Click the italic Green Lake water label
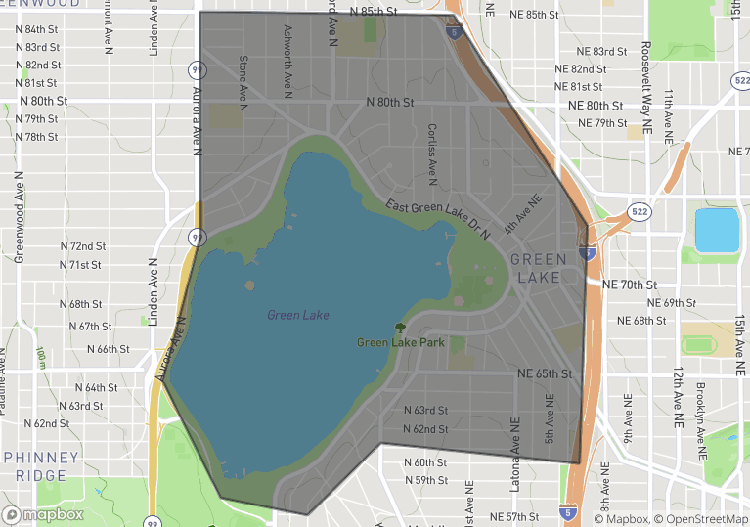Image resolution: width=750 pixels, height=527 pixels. (x=298, y=315)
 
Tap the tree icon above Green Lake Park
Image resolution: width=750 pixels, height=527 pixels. (x=399, y=329)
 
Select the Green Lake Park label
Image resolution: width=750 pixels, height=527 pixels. (x=401, y=342)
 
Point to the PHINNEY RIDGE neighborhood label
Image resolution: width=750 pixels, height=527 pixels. (x=41, y=466)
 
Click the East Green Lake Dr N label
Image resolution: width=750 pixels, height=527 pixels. (x=436, y=218)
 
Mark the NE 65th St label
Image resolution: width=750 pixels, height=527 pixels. (x=543, y=373)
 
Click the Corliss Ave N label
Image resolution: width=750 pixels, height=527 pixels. (x=431, y=154)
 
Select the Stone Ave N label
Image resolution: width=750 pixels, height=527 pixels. (x=243, y=82)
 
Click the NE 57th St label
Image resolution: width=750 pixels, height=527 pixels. (x=514, y=516)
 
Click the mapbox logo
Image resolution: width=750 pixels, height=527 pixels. (x=43, y=514)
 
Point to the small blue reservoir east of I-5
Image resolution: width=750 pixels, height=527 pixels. (x=717, y=231)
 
